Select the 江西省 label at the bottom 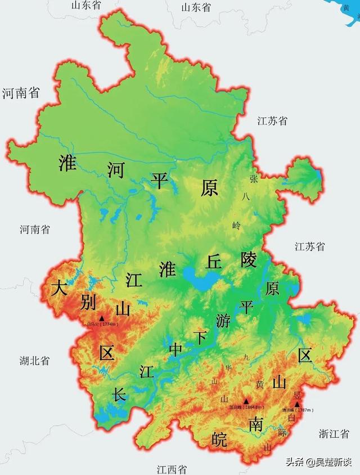(x=172, y=469)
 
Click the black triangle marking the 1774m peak (x=102, y=318)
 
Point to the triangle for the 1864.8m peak (x=246, y=401)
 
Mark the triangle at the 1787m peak (x=297, y=404)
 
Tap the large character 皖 (x=219, y=440)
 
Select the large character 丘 (x=214, y=261)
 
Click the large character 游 (x=223, y=320)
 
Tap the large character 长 (x=119, y=394)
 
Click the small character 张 (x=254, y=179)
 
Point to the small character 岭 (x=236, y=225)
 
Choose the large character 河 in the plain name (x=115, y=169)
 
